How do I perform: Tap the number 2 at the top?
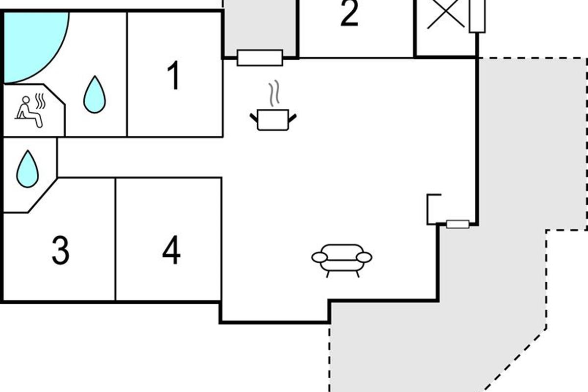point(349,15)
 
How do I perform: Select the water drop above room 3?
point(27,169)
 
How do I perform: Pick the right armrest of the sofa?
point(364,257)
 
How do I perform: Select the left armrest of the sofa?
point(319,257)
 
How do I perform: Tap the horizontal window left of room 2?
point(260,58)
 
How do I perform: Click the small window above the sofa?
point(458,224)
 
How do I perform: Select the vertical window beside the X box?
point(477,16)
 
